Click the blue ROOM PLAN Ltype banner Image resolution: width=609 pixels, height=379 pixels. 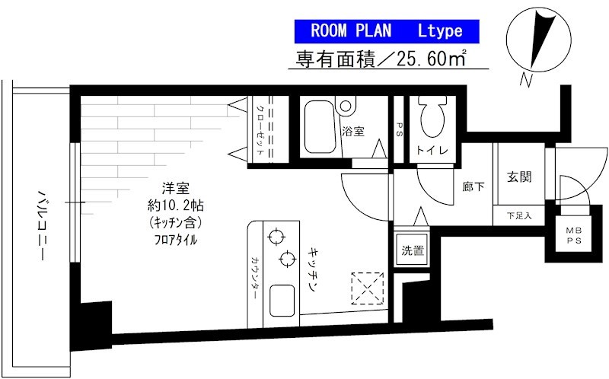point(387,31)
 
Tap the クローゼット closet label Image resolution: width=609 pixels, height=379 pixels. point(260,129)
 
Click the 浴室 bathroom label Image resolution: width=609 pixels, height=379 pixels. point(353,130)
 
